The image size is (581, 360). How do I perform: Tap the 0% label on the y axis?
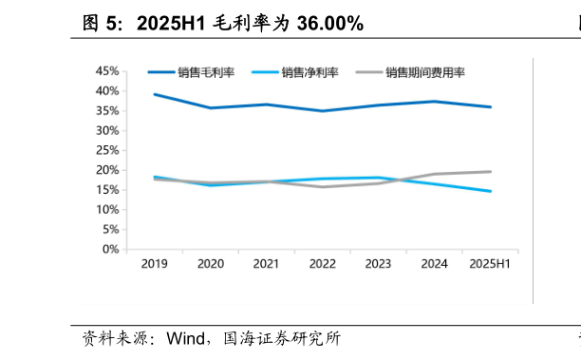(x=110, y=249)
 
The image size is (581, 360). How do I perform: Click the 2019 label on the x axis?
(x=154, y=264)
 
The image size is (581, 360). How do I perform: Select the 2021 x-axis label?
(x=267, y=264)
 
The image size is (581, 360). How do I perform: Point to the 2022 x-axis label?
(x=323, y=264)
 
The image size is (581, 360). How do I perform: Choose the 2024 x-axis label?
(x=435, y=264)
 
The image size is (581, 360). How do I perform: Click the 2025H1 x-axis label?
(x=491, y=264)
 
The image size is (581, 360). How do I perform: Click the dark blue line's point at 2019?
(x=154, y=94)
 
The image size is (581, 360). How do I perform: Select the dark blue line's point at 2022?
(x=323, y=111)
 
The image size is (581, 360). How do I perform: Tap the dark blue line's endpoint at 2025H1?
(x=491, y=107)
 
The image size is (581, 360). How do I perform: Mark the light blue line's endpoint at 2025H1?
(x=491, y=191)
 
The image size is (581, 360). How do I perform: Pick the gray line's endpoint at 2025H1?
(x=491, y=172)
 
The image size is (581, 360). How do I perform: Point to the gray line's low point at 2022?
(x=323, y=187)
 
